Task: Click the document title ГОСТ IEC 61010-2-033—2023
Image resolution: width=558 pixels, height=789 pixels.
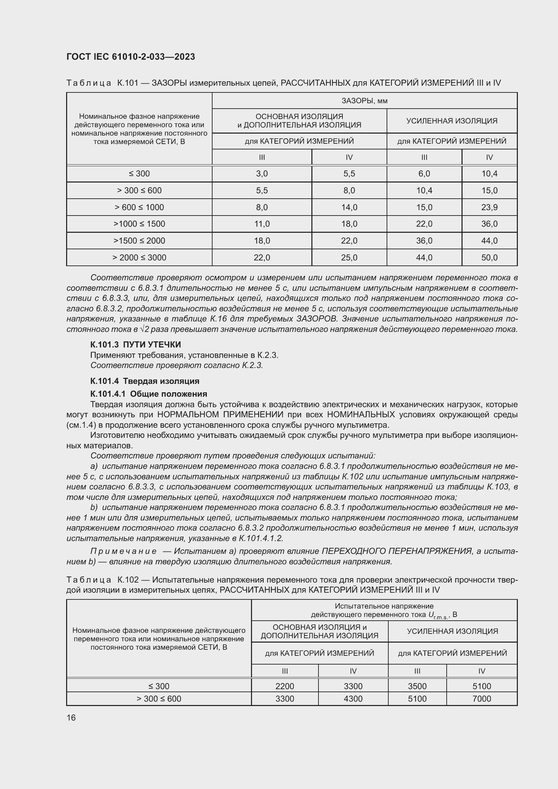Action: [131, 57]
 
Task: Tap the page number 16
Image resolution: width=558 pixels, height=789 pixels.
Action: [71, 717]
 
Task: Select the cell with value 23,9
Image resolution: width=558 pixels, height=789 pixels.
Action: [489, 207]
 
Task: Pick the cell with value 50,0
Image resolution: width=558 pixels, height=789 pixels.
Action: [489, 257]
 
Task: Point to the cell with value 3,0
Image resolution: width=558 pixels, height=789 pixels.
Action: [262, 173]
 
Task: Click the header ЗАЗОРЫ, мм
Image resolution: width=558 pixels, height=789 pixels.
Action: [364, 101]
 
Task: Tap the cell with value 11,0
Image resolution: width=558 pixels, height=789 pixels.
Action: [262, 224]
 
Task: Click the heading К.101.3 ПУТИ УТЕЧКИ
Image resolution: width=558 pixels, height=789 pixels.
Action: [135, 344]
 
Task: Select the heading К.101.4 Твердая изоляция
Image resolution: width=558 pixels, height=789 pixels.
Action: [145, 381]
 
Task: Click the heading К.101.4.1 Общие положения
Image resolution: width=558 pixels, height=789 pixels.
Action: [148, 393]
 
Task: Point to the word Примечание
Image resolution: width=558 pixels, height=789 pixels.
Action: [123, 551]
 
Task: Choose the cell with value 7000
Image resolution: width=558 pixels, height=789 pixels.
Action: [482, 699]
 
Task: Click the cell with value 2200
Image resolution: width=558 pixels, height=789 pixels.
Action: [284, 686]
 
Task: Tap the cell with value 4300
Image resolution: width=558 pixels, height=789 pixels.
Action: [353, 699]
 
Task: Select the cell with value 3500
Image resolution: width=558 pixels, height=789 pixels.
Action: [417, 686]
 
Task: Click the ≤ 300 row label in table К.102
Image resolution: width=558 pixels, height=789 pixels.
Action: [159, 686]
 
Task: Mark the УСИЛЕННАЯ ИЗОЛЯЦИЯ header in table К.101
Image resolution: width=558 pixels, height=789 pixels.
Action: [451, 121]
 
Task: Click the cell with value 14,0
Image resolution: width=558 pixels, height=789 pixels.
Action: [349, 207]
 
